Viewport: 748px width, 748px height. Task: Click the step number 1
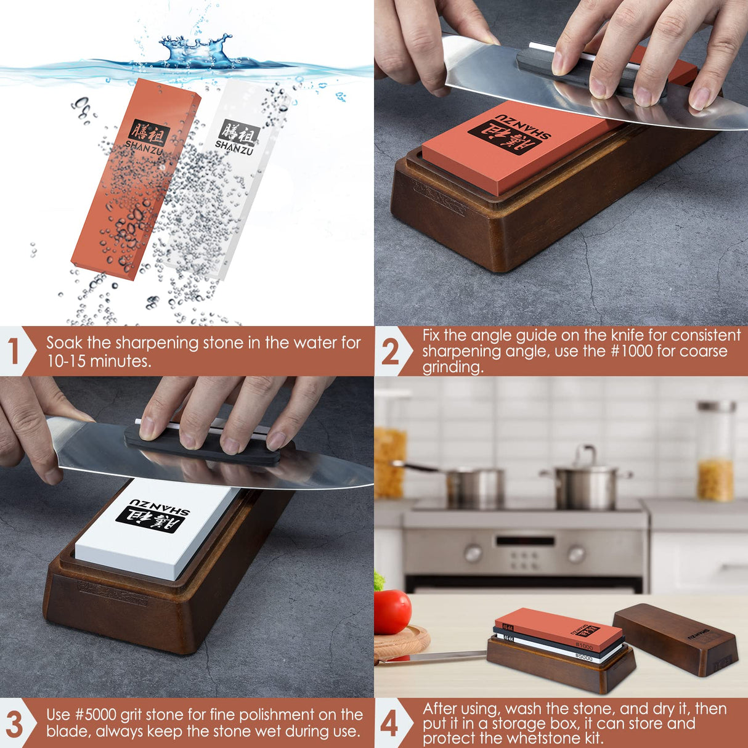tap(14, 351)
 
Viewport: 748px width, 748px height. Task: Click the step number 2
tap(390, 352)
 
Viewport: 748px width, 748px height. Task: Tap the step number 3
tap(14, 723)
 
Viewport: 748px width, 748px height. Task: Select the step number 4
tap(389, 723)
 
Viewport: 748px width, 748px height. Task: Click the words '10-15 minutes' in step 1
tap(99, 362)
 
